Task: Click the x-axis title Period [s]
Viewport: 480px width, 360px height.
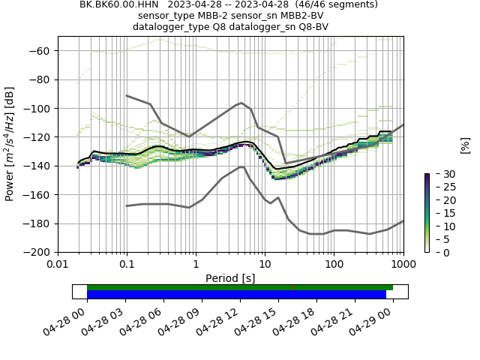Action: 230,278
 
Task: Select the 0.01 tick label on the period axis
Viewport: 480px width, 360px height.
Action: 58,264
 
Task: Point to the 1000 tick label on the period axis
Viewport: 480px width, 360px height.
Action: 403,264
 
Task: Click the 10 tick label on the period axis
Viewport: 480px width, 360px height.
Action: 265,264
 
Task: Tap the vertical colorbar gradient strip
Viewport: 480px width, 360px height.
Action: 427,213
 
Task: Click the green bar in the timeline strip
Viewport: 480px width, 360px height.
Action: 239,287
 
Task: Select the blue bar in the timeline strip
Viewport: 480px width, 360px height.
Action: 236,295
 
